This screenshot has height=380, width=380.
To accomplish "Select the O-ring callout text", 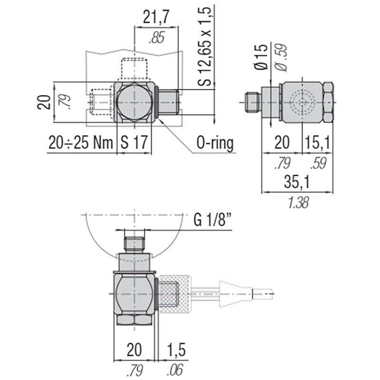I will (215, 142).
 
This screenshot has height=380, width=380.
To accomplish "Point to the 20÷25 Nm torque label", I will (80, 142).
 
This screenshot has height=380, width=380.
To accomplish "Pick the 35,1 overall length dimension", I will (297, 182).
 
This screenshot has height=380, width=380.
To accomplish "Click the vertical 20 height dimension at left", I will (45, 102).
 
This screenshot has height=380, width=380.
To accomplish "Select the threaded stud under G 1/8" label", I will (134, 243).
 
